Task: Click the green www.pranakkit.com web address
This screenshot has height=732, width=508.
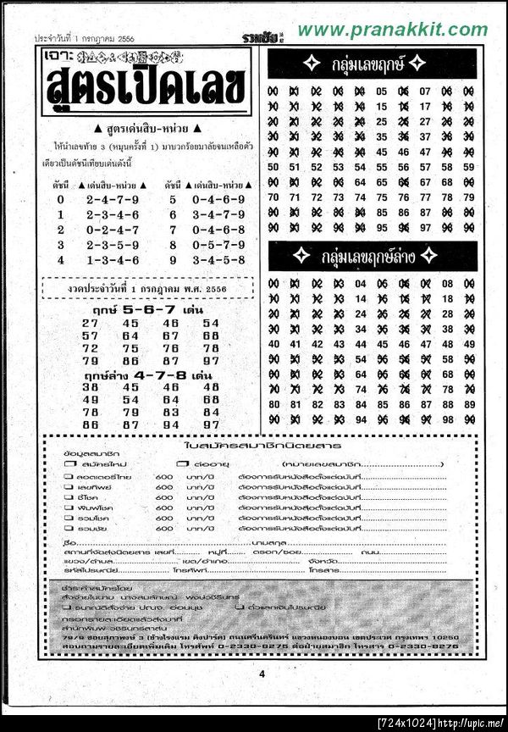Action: [x=393, y=30]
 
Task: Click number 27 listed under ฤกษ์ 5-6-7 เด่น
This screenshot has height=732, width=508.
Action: [x=91, y=324]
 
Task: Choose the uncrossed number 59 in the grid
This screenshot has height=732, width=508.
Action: [x=470, y=167]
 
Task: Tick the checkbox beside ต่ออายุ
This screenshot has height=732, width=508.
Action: [x=180, y=465]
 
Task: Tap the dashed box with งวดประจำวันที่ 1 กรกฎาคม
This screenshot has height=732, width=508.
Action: [x=149, y=289]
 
